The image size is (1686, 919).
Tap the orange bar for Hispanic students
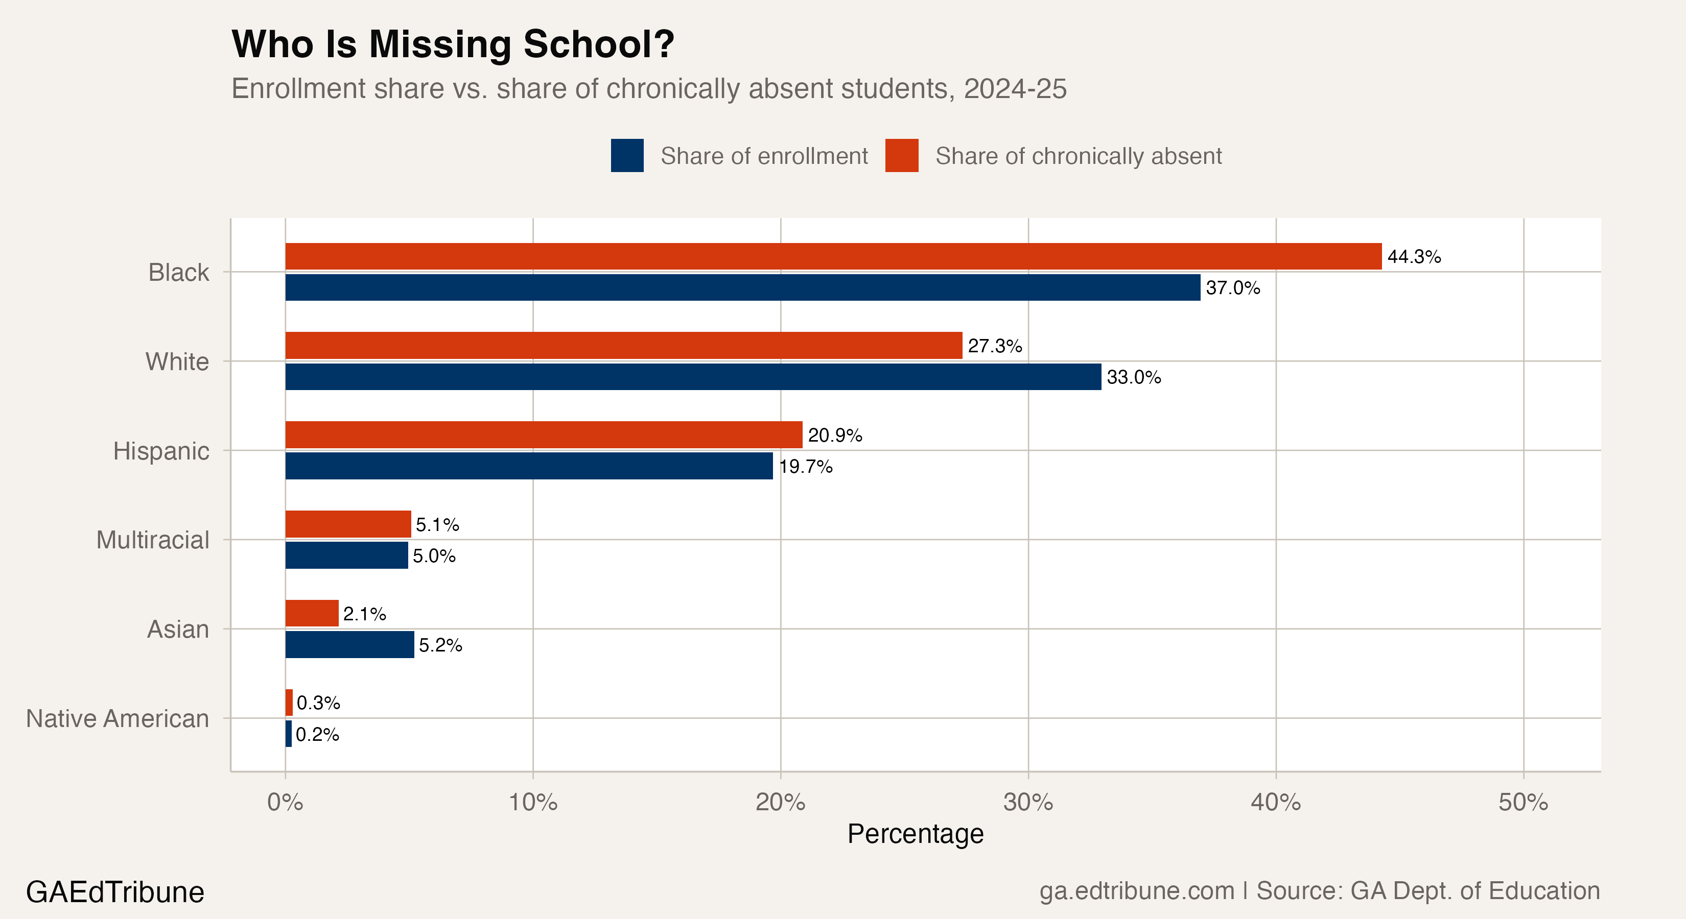point(543,435)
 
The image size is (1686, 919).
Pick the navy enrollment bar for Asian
point(349,644)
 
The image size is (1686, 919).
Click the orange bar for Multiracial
point(347,524)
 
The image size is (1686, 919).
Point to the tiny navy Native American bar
point(289,734)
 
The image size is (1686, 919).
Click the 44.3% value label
point(1414,257)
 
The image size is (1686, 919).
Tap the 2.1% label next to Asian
point(365,614)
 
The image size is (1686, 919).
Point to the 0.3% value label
point(318,703)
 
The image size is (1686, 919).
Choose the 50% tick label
point(1523,803)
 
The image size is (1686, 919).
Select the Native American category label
point(118,719)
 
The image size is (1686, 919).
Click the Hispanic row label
point(161,451)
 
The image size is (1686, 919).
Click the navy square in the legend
point(627,156)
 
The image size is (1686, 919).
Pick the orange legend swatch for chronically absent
point(901,156)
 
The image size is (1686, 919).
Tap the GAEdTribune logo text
point(115,892)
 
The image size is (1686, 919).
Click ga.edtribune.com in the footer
point(1136,891)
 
